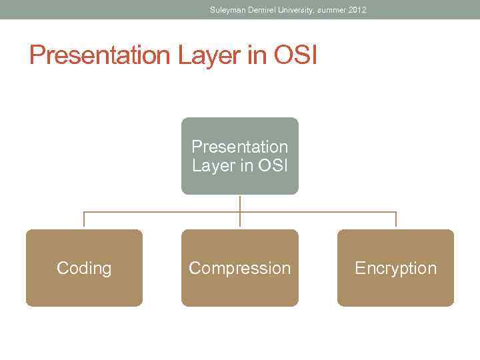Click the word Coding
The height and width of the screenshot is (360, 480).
(x=84, y=268)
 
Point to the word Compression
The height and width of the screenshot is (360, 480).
(x=240, y=268)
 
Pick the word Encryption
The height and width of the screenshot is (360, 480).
(x=395, y=268)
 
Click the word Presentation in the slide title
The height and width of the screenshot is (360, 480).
(x=100, y=55)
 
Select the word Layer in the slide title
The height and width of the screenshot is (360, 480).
(x=210, y=55)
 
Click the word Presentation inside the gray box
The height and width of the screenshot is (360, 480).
(x=240, y=146)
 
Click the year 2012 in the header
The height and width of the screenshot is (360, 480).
(x=357, y=10)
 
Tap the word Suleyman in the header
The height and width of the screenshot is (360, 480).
(x=225, y=10)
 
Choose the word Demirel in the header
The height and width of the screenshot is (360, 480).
(x=259, y=10)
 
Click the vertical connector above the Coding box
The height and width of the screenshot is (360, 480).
(x=84, y=220)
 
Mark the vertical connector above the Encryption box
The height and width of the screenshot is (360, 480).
(x=396, y=220)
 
